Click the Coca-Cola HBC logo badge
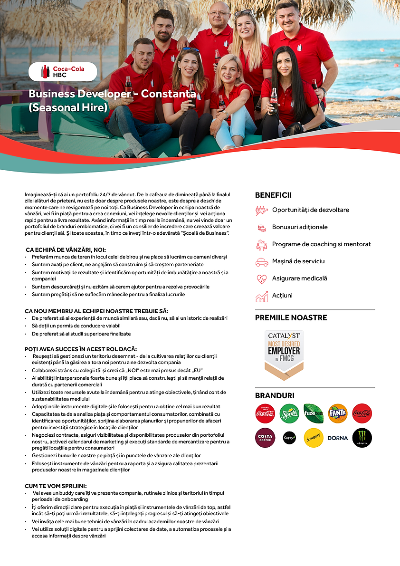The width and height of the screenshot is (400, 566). tap(63, 72)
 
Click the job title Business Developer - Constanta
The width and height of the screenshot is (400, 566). tap(112, 94)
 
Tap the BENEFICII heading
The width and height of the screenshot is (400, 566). tap(273, 195)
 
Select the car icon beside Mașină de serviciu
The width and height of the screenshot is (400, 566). tap(262, 262)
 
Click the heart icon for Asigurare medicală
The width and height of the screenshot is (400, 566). tap(262, 279)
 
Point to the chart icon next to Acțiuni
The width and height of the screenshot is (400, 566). tap(262, 297)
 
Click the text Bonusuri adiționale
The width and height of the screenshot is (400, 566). tap(300, 227)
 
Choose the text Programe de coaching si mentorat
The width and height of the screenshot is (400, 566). tap(322, 244)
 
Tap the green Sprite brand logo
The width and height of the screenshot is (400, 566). tap(289, 413)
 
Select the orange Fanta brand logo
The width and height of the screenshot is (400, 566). tap(338, 413)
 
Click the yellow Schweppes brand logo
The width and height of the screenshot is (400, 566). tap(314, 438)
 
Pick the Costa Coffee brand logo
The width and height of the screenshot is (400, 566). tap(265, 438)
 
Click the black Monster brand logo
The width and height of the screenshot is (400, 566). tap(362, 438)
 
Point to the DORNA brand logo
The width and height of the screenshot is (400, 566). tap(338, 438)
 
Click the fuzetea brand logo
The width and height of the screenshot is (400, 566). tap(314, 413)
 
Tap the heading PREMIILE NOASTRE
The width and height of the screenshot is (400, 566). tap(291, 318)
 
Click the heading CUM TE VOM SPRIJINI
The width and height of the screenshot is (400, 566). tap(56, 486)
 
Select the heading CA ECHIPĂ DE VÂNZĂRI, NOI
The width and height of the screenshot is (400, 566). tap(66, 249)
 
